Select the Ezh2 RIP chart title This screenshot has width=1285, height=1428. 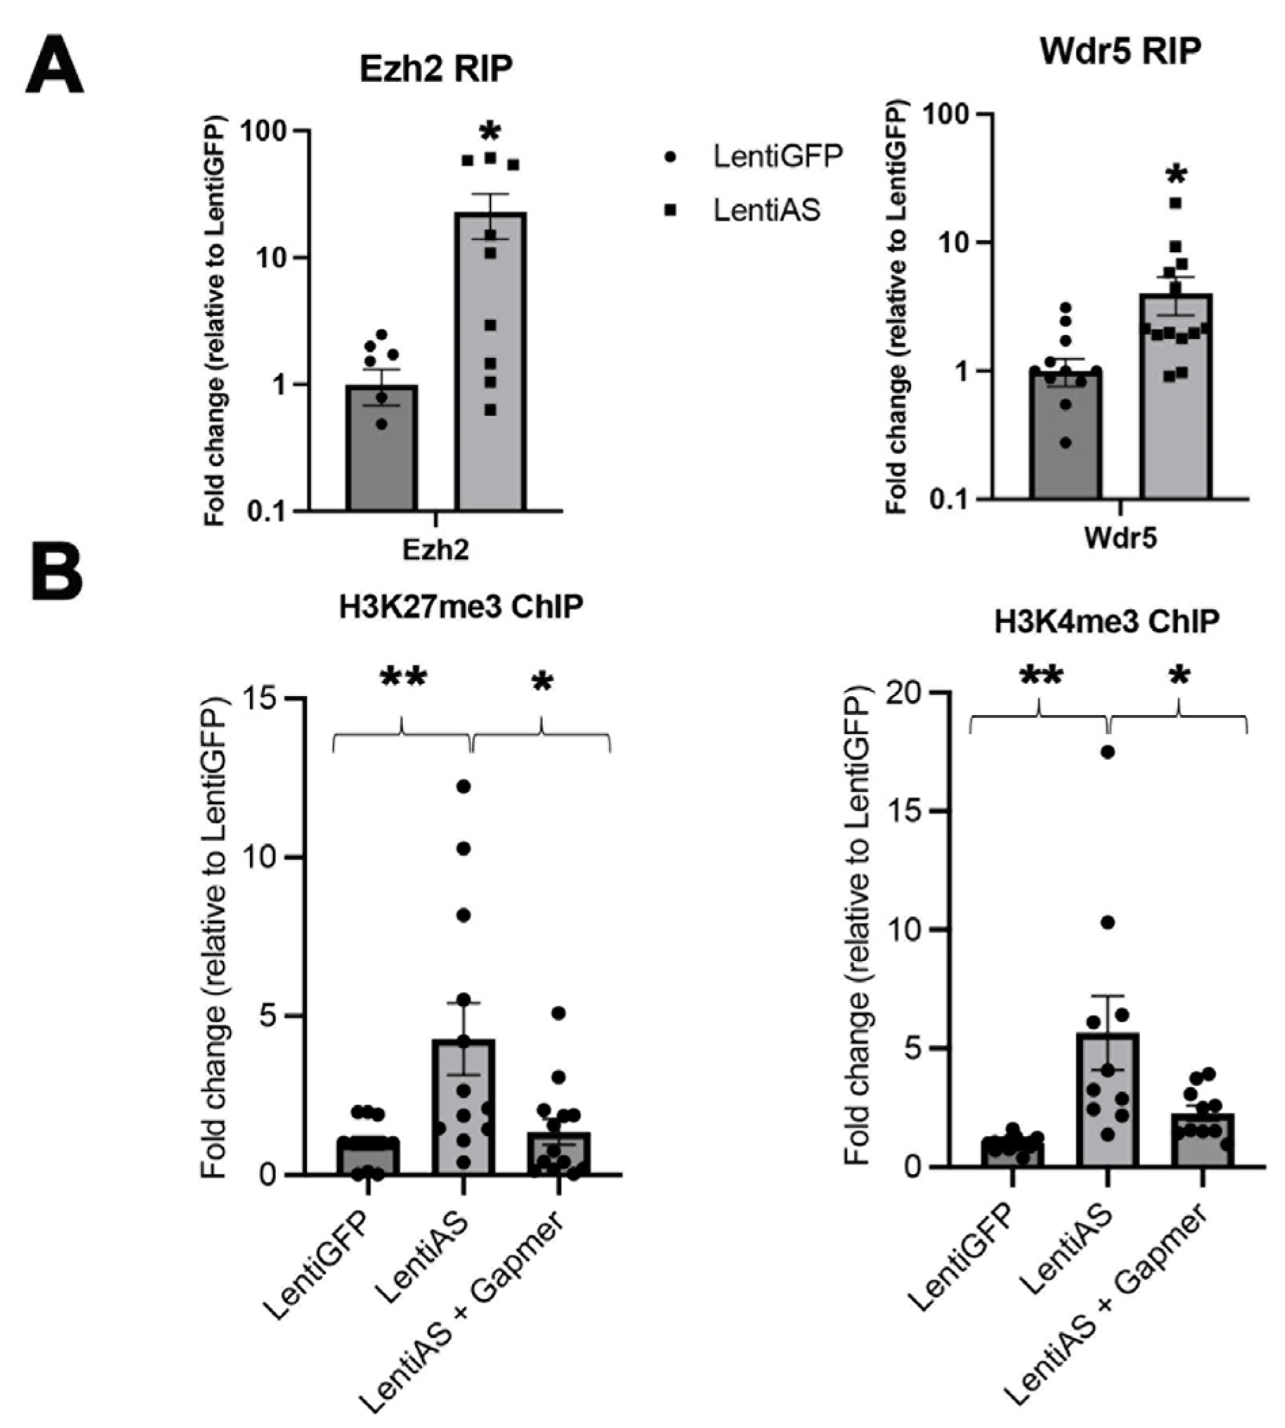click(436, 69)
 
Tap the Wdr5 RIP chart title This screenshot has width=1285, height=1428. click(1120, 52)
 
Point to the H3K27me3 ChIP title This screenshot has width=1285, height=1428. click(461, 607)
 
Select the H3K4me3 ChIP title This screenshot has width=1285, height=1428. click(1106, 621)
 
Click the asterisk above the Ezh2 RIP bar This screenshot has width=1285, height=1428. click(489, 132)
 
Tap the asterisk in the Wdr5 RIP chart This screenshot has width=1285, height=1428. click(1176, 174)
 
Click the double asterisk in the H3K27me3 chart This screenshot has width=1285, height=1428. click(403, 678)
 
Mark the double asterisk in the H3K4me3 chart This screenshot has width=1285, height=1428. click(1041, 676)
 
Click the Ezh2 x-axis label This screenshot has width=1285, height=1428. click(436, 550)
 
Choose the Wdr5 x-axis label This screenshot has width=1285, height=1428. click(1120, 538)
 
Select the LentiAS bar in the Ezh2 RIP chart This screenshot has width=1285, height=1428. click(489, 360)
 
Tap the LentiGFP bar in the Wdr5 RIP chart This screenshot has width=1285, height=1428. click(1066, 434)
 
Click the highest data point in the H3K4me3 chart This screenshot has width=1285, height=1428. click(1108, 752)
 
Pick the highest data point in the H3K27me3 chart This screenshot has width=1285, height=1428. click(463, 787)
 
